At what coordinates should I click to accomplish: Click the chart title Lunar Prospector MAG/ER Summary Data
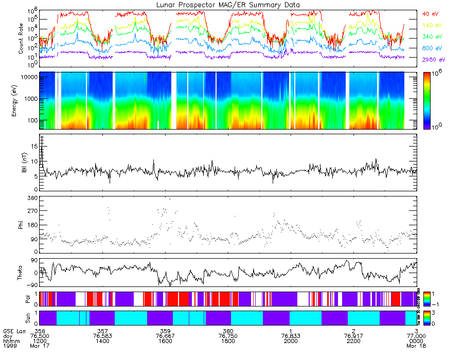[228, 5]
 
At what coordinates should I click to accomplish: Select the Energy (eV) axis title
[21, 100]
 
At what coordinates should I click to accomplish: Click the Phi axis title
[21, 225]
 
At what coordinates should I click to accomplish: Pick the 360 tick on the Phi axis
[31, 198]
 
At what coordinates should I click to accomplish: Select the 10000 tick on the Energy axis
[28, 77]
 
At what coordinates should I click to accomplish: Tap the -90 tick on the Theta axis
[30, 285]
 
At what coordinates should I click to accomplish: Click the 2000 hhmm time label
[291, 341]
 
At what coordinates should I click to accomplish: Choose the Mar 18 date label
[416, 347]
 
